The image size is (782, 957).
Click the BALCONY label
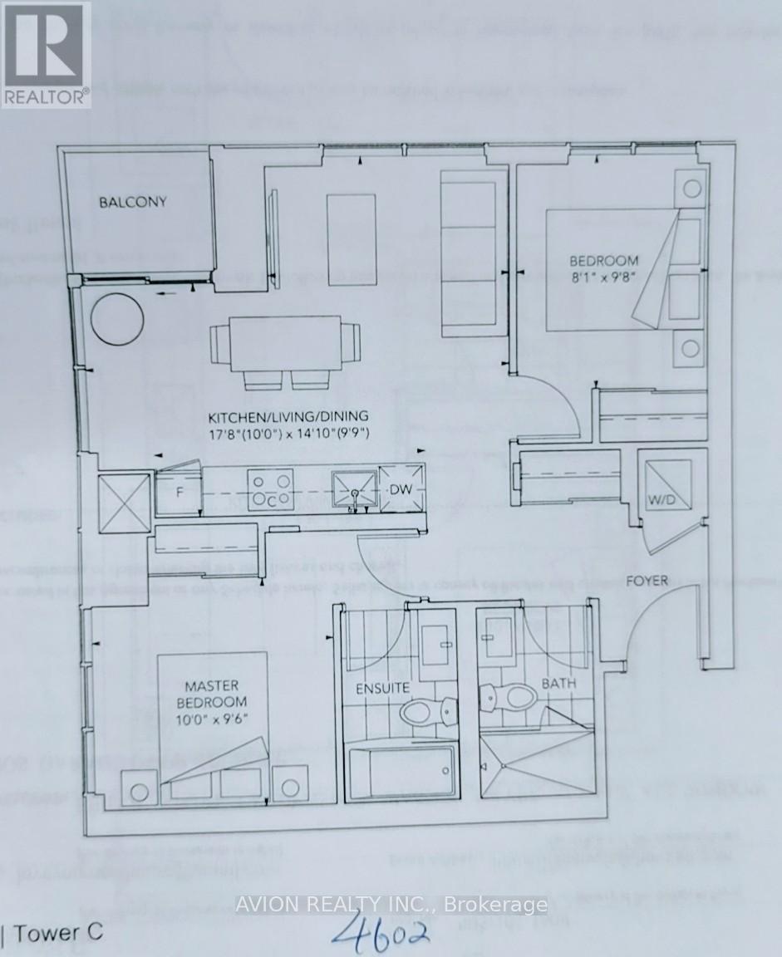133,202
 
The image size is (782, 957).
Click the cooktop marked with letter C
272,488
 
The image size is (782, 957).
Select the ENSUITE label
382,688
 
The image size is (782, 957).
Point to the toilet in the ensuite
426,711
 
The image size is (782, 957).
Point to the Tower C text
53,932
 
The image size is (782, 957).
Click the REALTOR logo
45,53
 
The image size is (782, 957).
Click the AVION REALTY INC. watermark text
391,905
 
